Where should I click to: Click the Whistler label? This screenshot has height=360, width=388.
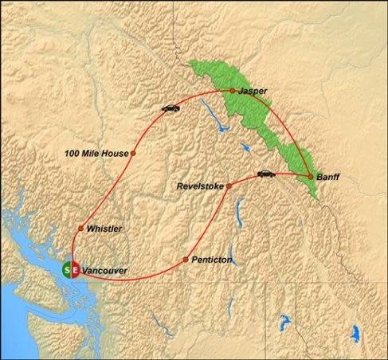click(x=104, y=229)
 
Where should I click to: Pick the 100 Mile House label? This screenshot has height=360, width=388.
click(x=96, y=152)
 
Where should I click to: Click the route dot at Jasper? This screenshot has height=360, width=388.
click(x=233, y=91)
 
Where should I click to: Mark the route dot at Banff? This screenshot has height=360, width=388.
click(x=310, y=175)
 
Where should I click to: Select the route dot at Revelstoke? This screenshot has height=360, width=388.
click(x=229, y=186)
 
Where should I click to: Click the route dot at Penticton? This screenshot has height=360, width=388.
click(x=186, y=260)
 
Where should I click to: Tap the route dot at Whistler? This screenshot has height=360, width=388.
click(x=80, y=229)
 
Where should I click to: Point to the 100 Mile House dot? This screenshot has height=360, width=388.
click(x=133, y=153)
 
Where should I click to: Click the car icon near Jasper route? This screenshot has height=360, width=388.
click(x=170, y=108)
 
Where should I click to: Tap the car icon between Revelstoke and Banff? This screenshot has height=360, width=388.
click(x=265, y=173)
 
